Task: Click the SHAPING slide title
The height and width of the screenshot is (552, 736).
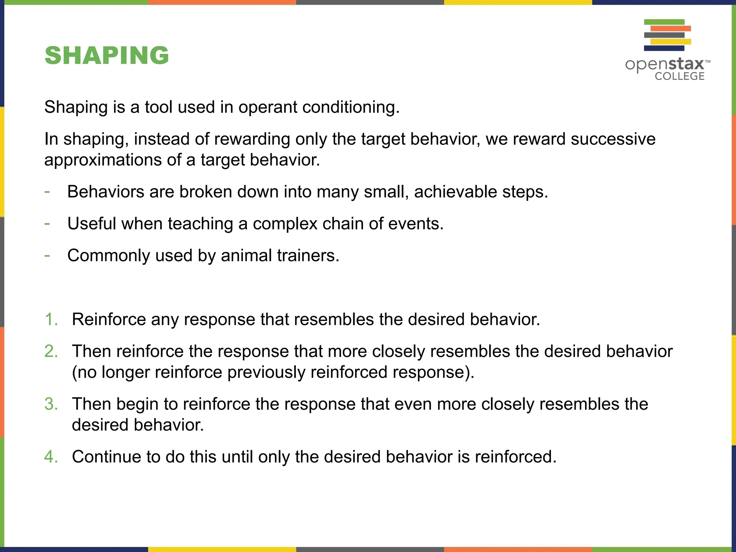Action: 107,56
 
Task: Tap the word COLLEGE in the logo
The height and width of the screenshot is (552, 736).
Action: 679,76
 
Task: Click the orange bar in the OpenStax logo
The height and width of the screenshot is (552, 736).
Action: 671,28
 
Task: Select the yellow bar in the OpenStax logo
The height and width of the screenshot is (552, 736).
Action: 671,42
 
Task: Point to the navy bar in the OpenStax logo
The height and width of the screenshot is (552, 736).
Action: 664,48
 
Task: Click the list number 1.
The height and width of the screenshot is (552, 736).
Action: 51,319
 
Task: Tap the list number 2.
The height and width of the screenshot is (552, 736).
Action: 51,351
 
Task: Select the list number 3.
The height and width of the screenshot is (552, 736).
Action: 51,404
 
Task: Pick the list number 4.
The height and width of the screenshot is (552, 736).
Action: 51,457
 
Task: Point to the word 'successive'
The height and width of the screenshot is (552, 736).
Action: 613,139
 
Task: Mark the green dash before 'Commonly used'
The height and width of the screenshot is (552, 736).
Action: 47,256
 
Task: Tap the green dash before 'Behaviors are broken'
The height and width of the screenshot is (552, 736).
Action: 47,192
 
